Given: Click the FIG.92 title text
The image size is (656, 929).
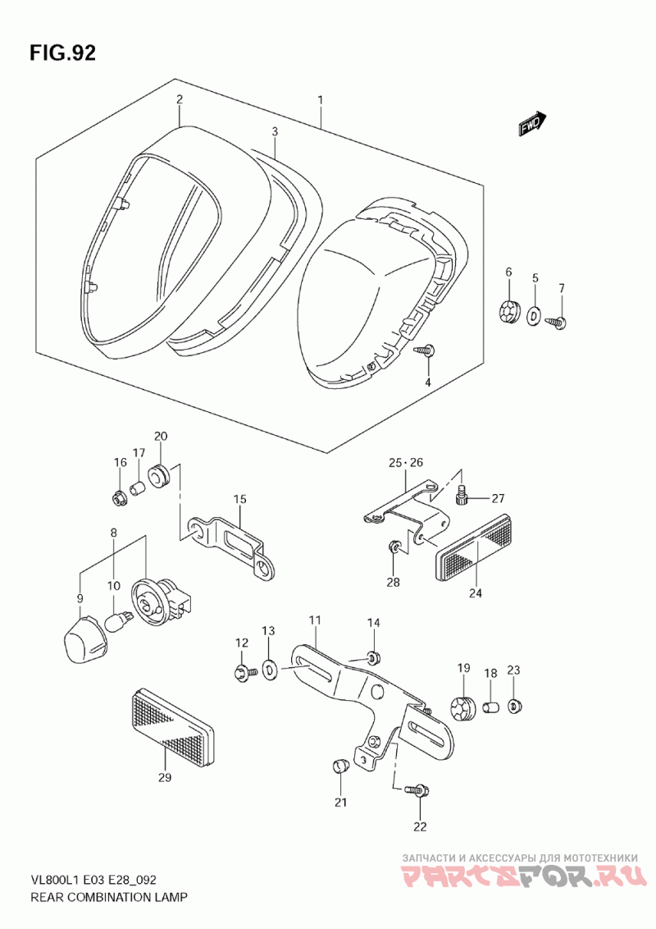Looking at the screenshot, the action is click(62, 53).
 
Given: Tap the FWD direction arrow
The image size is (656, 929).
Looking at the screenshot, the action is click(532, 124).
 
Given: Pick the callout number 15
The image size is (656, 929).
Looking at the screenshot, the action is click(239, 500).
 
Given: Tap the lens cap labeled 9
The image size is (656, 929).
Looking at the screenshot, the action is click(84, 641).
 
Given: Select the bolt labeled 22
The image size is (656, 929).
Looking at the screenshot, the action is click(418, 789).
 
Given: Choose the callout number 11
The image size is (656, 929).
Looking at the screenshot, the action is click(314, 620).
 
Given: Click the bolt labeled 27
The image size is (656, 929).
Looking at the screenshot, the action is click(463, 497).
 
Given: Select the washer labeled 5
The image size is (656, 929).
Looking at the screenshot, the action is click(534, 315).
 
